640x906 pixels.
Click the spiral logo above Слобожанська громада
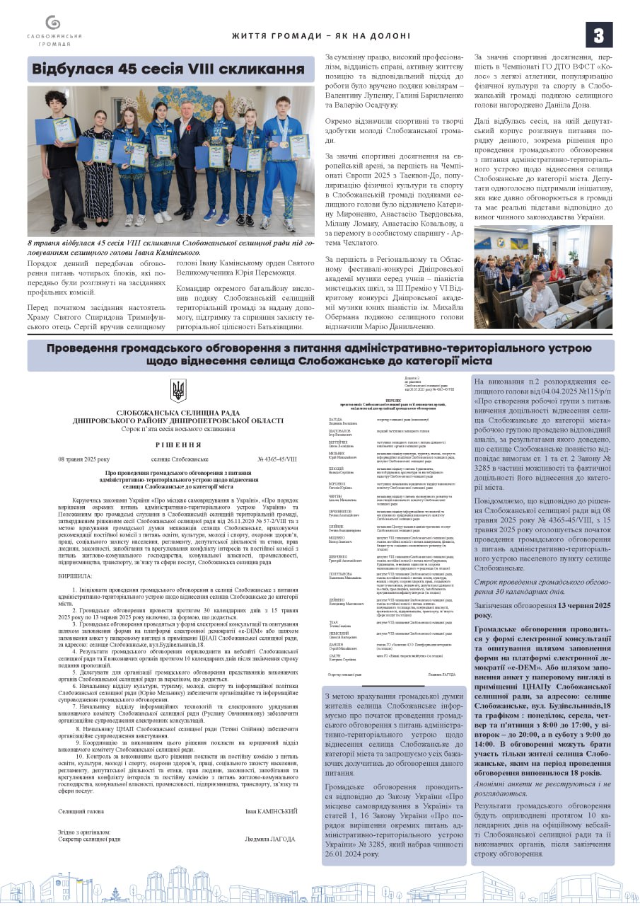coord(54,23)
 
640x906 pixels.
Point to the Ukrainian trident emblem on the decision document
coord(178,391)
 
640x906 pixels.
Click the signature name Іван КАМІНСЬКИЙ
coord(272,811)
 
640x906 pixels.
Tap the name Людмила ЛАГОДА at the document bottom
coord(270,839)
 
